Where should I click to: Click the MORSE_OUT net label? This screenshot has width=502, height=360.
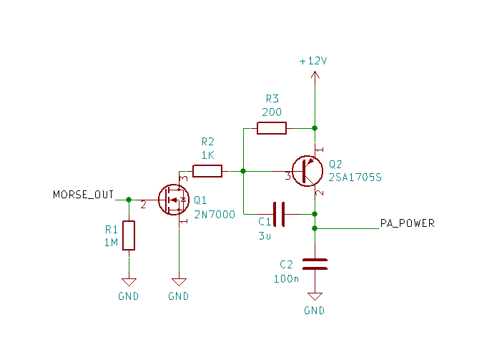(x=83, y=195)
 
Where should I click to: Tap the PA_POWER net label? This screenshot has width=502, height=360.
(x=407, y=223)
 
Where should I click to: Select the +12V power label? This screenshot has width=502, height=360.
(x=313, y=61)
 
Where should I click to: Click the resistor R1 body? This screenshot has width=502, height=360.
(x=129, y=235)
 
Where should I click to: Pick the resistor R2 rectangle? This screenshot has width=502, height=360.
(x=207, y=171)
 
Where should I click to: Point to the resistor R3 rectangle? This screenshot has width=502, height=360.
(x=272, y=128)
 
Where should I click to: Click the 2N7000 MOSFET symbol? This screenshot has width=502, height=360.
(x=174, y=200)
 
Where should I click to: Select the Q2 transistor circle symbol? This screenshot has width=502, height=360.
(x=307, y=171)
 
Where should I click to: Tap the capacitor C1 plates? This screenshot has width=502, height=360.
(x=279, y=214)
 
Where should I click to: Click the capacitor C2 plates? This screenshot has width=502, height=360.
(x=315, y=264)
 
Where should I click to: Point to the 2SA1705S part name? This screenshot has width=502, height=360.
(x=355, y=177)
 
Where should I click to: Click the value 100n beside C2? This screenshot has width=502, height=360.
(x=286, y=278)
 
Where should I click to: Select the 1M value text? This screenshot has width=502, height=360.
(x=111, y=243)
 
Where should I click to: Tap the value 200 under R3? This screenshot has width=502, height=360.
(x=272, y=112)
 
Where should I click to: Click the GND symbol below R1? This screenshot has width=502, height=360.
(x=129, y=282)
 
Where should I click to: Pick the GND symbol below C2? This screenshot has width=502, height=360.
(x=315, y=296)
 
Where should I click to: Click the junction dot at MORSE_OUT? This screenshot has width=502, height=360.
(x=129, y=200)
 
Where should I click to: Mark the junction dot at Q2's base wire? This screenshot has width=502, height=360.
(x=243, y=171)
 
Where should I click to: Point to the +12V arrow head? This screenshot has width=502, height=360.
(x=315, y=75)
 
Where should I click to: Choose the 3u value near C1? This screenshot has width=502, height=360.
(x=265, y=236)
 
